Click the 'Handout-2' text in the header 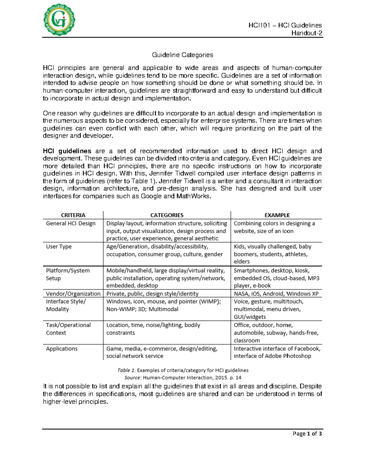[307, 33]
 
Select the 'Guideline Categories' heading [182, 55]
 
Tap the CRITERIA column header [73, 215]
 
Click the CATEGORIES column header [167, 215]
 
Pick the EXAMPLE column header [277, 215]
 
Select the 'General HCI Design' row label [71, 223]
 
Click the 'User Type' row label [59, 246]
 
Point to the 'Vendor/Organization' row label [73, 294]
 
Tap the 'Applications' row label [62, 349]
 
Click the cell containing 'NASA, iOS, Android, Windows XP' [276, 294]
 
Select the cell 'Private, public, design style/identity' [152, 294]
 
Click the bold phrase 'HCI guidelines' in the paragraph [67, 151]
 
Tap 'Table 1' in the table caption [126, 370]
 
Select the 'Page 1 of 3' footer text [307, 434]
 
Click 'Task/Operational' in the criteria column [68, 325]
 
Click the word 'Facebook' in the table [307, 349]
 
